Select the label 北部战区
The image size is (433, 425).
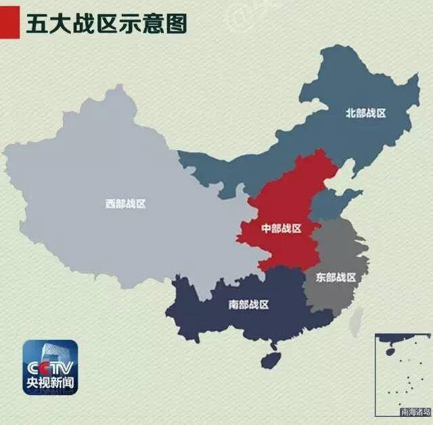click(365, 113)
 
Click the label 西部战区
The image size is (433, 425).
click(125, 203)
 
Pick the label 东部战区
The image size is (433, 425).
click(336, 277)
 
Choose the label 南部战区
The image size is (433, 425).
click(249, 305)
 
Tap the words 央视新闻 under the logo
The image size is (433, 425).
click(50, 384)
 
